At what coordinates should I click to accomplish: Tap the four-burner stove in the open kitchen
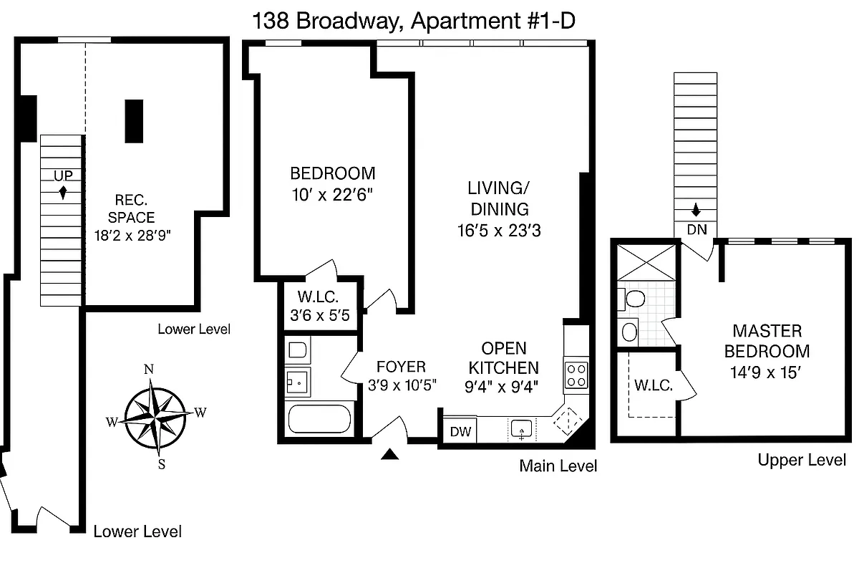point(576,373)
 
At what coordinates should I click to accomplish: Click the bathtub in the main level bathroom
point(320,419)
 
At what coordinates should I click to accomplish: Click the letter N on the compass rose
point(150,370)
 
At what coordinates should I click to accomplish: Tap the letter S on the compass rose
point(161,464)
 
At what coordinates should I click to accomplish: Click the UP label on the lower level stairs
point(63,175)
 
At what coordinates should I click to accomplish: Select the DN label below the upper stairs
point(697,230)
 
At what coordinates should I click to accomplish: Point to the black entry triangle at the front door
point(389,453)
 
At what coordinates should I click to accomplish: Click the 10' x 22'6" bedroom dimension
point(332,193)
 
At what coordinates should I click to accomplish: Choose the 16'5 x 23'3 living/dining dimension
point(498,230)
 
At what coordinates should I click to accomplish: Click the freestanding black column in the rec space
point(134,121)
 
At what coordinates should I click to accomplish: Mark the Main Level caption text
point(558,466)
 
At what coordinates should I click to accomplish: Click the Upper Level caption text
point(802,460)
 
